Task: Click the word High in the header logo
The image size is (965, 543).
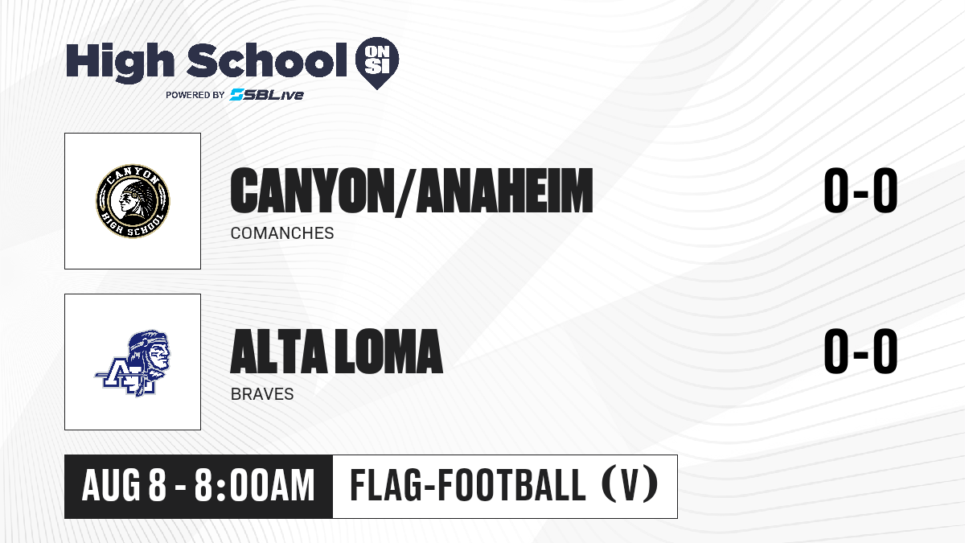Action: click(x=120, y=62)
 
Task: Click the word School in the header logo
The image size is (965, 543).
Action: click(x=267, y=60)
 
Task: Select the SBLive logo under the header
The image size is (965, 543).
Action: click(x=267, y=94)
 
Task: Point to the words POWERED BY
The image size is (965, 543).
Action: click(x=195, y=95)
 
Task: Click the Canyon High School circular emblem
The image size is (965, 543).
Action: click(x=133, y=201)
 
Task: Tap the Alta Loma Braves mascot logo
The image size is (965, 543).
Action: click(x=133, y=363)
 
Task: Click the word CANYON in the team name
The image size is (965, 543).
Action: click(x=310, y=191)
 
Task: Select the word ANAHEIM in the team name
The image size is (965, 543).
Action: click(x=505, y=191)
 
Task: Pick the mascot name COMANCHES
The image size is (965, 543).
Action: click(x=282, y=233)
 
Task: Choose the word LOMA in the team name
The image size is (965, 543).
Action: click(x=389, y=352)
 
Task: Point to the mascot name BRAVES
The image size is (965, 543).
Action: click(x=262, y=394)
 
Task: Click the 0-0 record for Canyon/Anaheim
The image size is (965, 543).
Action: click(x=860, y=191)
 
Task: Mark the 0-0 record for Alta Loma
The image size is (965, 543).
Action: click(x=860, y=352)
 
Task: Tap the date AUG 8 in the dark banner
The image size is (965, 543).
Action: click(x=124, y=486)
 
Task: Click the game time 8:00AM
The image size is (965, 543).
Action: click(x=255, y=486)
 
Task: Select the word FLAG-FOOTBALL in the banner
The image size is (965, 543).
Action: click(x=468, y=485)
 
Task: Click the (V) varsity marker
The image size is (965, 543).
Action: click(x=630, y=486)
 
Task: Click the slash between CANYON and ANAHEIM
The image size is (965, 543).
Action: click(x=403, y=192)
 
